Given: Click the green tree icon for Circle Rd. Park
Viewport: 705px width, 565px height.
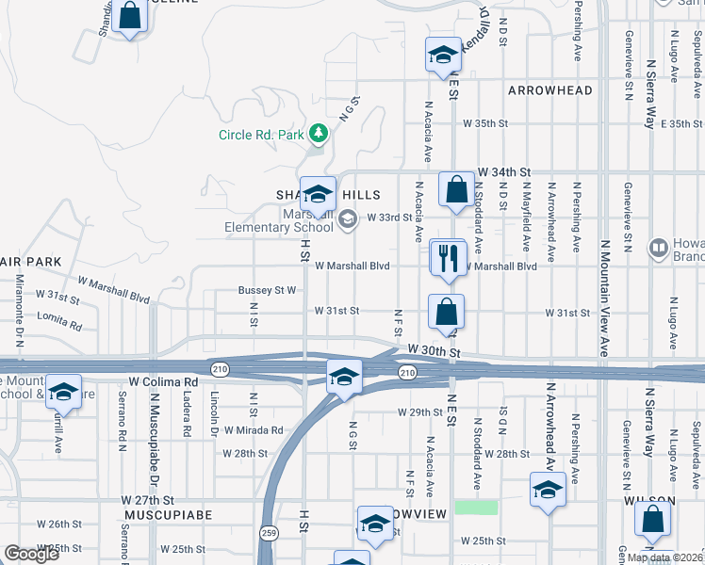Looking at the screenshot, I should pos(319,135).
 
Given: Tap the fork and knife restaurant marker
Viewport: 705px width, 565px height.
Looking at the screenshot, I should pos(448,257).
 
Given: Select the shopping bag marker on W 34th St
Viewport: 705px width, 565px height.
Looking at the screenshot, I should pos(456,190).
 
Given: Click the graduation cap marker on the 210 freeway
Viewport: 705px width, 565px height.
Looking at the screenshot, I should pos(344,377).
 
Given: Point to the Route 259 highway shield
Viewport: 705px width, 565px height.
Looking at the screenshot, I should pos(268,533).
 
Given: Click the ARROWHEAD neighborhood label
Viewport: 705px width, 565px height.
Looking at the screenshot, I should pos(550,90).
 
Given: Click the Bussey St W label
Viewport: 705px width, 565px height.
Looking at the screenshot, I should pos(268,290).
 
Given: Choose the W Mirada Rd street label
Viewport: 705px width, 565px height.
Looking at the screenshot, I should pos(251,430).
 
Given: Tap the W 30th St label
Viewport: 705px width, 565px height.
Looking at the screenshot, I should pos(432,349).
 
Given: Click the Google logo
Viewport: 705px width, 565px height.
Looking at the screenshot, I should pos(32,554).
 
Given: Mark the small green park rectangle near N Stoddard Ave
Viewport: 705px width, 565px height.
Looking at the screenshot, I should pos(476,507).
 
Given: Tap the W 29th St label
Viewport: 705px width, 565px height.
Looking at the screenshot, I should pos(419,412).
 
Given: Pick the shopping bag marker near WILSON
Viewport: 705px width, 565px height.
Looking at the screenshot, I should pos(652,520).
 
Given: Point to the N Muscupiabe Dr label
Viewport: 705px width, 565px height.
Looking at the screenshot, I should pos(151,437).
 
